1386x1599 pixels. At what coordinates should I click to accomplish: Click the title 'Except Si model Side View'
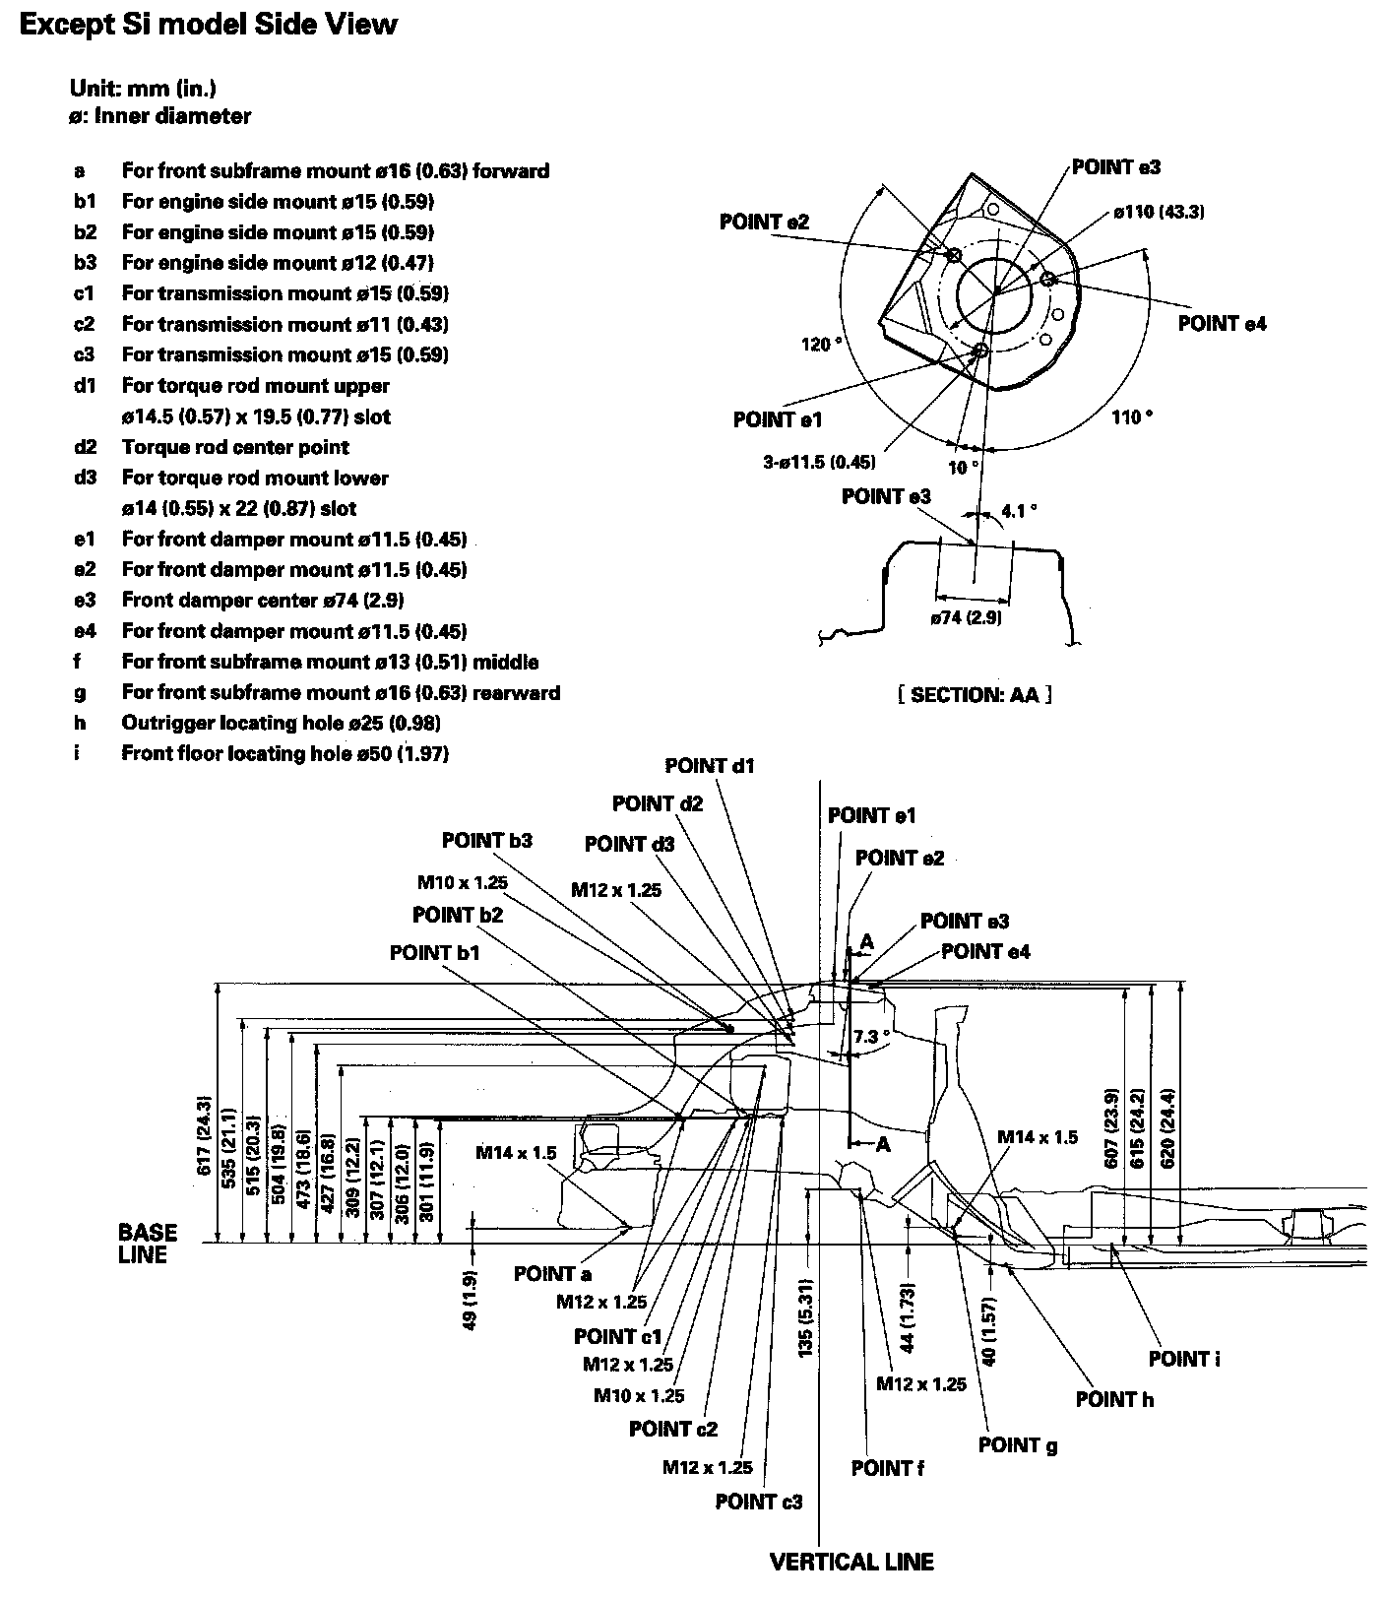209,25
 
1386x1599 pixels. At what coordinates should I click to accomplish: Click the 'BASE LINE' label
148,1244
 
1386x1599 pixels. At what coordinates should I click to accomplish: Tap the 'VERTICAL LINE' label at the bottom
851,1561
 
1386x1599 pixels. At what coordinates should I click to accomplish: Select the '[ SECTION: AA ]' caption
975,695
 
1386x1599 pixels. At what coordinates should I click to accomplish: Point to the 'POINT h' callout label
1114,1399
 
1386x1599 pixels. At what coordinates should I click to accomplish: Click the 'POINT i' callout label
1184,1359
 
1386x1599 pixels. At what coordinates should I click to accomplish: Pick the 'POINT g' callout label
1018,1445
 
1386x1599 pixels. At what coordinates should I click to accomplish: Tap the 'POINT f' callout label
888,1468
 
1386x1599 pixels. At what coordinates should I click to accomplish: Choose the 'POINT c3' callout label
759,1502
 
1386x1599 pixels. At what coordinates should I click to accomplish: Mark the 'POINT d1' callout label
710,765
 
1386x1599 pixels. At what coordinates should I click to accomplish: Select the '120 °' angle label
822,345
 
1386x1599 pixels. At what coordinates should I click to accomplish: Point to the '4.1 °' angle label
1019,511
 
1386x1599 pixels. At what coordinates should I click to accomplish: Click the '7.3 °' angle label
871,1037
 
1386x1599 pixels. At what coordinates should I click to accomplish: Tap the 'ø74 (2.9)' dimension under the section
967,617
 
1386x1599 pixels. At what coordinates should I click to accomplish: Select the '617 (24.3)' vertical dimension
205,1134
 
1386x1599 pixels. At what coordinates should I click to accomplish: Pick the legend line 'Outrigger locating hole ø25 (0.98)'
281,723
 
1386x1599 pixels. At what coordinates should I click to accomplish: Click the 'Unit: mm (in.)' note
144,88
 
